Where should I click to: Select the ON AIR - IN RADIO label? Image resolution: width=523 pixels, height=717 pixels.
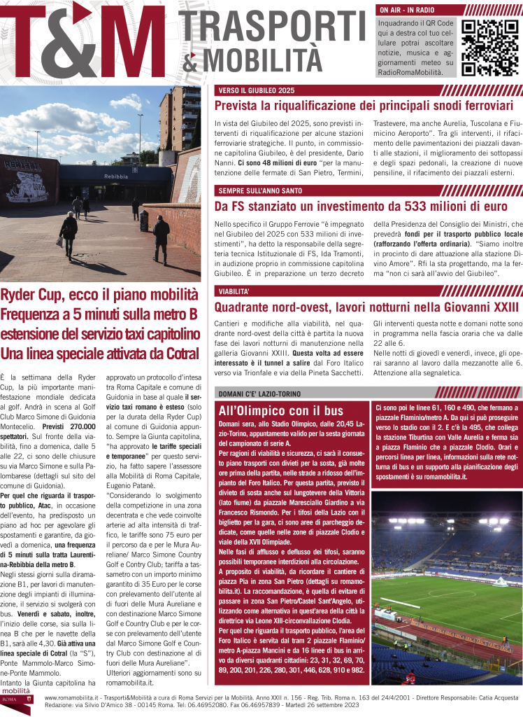click(x=406, y=11)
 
